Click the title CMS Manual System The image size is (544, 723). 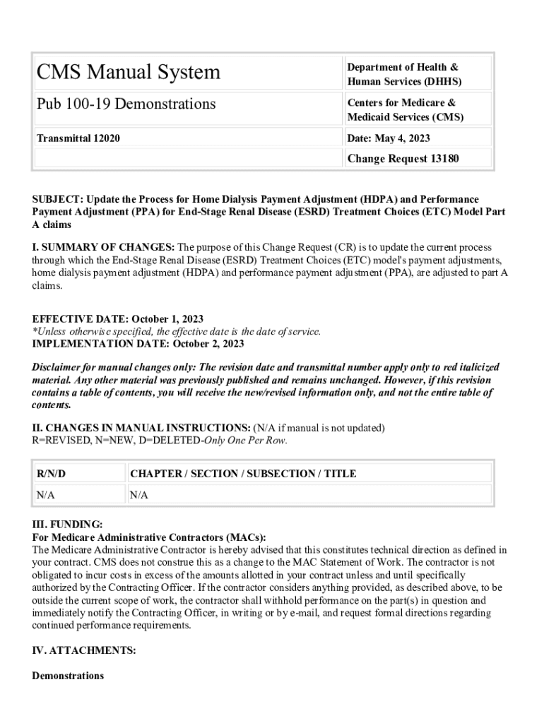[x=128, y=72]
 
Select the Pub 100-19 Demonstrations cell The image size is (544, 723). [x=126, y=104]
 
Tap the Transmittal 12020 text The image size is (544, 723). [x=78, y=138]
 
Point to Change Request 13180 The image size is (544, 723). [x=403, y=159]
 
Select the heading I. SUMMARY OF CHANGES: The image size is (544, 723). [x=103, y=247]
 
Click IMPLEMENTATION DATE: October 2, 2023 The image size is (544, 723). [x=138, y=344]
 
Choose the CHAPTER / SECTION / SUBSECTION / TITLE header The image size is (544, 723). [x=243, y=474]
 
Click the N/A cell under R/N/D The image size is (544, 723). [x=46, y=495]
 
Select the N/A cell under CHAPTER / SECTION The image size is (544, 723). [x=139, y=495]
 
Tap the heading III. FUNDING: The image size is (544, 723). [x=67, y=525]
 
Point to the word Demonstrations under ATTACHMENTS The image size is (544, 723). [x=68, y=676]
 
